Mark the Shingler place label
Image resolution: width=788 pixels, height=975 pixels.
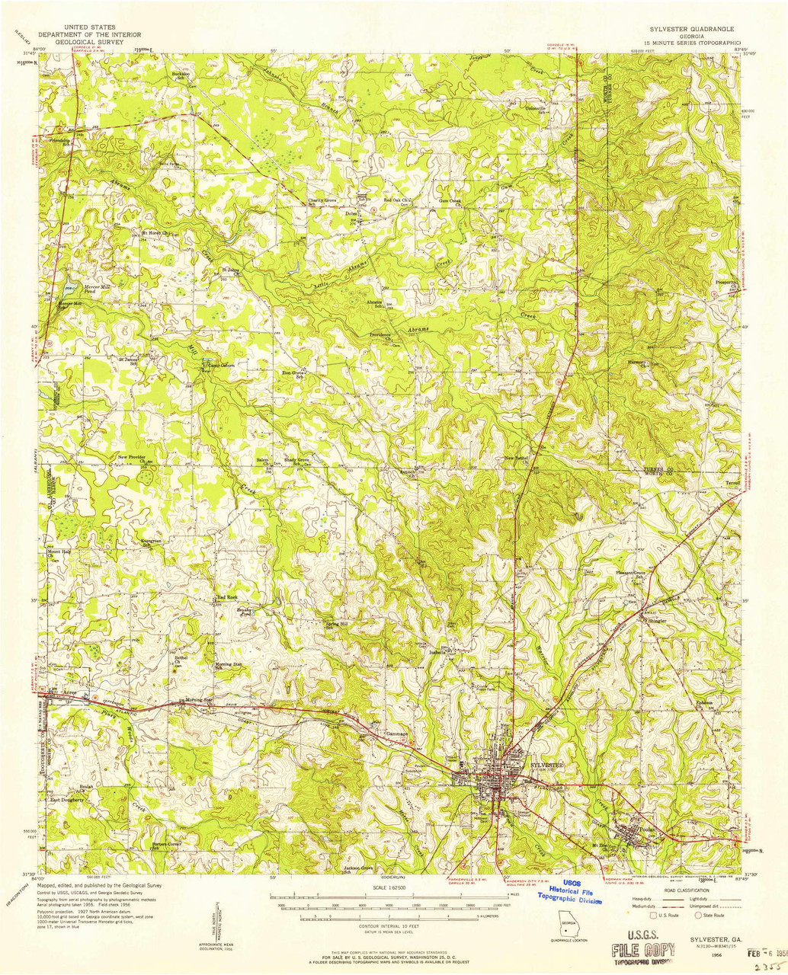[658, 620]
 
